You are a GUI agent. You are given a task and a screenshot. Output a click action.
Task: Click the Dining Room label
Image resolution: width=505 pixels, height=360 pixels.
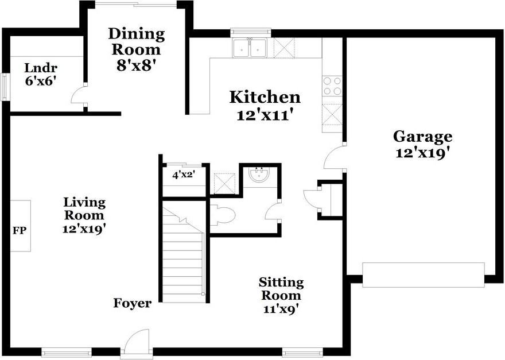click(137, 42)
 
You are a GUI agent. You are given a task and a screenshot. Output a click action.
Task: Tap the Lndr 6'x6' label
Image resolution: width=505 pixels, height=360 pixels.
click(41, 75)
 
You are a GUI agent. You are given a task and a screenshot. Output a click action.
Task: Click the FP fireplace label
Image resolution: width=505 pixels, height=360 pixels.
click(20, 230)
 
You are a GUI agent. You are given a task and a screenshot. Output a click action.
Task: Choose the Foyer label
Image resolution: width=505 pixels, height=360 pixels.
click(133, 303)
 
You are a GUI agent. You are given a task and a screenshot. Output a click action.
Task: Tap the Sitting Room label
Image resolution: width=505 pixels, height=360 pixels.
click(281, 289)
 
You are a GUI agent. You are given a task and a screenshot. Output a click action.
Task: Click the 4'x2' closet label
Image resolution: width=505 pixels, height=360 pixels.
click(184, 175)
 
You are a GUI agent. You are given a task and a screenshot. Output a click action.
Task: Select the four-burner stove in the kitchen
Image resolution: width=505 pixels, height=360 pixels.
click(332, 86)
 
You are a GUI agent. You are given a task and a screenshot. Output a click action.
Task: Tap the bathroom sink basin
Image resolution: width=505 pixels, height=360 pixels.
click(259, 175)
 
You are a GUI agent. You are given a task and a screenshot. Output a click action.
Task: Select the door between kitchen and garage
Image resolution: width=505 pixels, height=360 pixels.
click(333, 157)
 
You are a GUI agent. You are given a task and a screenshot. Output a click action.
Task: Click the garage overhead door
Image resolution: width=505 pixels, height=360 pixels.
click(423, 275)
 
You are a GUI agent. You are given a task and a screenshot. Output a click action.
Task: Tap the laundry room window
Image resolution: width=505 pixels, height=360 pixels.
click(5, 87)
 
